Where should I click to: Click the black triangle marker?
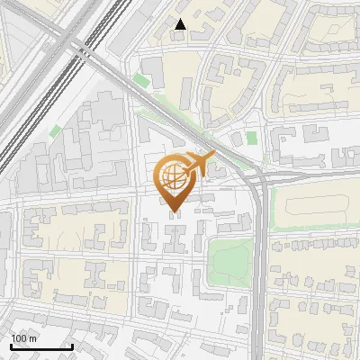tap(181, 24)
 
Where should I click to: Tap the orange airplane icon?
tap(200, 164)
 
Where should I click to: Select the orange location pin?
tap(175, 184)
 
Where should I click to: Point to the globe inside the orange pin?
tap(175, 176)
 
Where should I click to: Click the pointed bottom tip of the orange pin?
tap(175, 214)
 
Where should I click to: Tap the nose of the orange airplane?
tap(215, 154)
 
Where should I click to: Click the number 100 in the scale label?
tap(20, 338)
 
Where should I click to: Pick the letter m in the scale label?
tap(34, 338)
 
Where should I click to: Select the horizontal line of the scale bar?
tap(41, 346)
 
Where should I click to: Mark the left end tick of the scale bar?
tap(11, 345)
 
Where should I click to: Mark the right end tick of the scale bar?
tap(72, 345)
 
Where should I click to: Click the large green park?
tap(229, 260)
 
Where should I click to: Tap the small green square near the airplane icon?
tap(251, 138)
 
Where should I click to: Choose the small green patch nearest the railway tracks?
tap(55, 131)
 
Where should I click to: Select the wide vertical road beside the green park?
tap(260, 270)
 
